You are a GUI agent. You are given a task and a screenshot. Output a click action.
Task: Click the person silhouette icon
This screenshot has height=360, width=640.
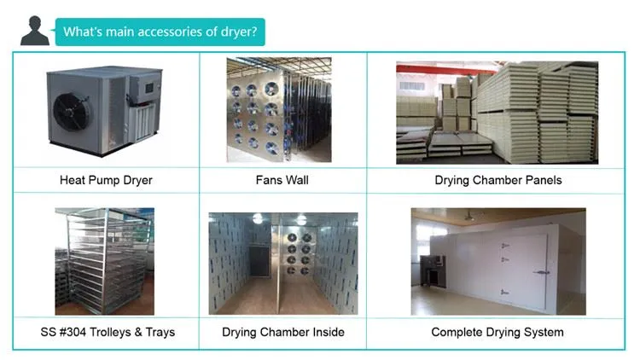(35, 31)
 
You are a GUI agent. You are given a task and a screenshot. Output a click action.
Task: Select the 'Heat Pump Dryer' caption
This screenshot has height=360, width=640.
(106, 180)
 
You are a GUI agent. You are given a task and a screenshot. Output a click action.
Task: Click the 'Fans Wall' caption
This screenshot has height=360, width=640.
(282, 180)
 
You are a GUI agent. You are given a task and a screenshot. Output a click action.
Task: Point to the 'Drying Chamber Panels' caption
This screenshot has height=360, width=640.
(498, 180)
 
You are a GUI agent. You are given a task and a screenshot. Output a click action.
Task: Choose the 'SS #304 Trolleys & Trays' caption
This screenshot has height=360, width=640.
(108, 332)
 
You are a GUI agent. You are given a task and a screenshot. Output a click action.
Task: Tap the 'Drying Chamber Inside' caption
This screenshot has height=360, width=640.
(282, 332)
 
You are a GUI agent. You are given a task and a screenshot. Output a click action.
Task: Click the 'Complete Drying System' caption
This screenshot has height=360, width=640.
(497, 332)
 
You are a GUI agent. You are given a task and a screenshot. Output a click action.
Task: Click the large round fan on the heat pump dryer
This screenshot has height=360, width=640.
(71, 112)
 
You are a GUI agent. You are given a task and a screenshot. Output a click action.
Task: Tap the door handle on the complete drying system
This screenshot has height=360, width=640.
(541, 272)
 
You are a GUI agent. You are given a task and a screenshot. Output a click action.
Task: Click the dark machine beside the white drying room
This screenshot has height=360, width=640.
(432, 270)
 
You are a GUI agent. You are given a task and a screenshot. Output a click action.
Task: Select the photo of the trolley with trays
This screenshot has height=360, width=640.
(105, 261)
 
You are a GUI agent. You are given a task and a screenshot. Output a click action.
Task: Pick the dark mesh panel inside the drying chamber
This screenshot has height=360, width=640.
(259, 260)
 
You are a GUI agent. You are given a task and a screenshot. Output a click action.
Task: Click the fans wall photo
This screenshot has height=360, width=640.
(279, 109)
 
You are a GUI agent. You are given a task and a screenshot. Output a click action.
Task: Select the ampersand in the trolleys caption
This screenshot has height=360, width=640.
(138, 332)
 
